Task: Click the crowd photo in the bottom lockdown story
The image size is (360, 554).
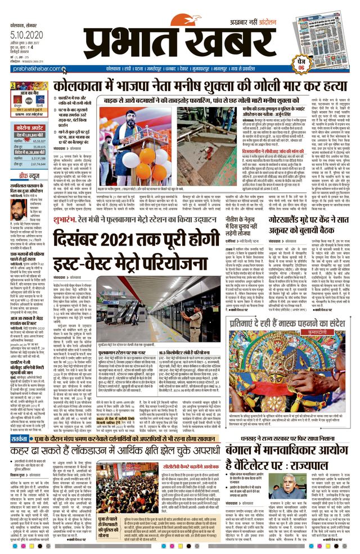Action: click(x=127, y=480)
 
